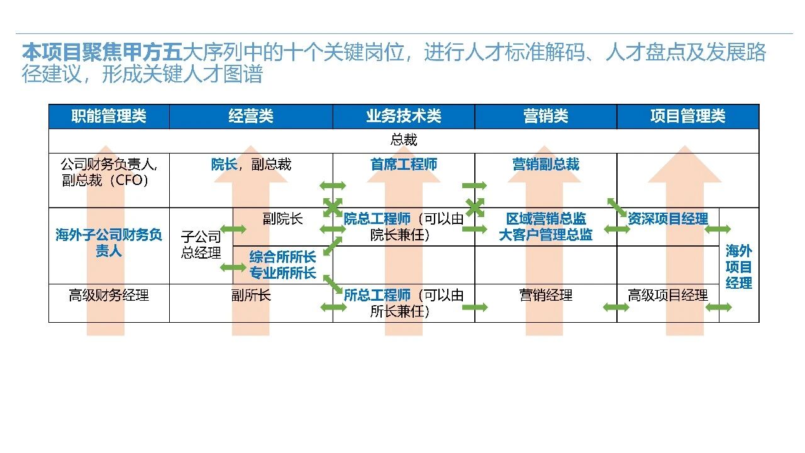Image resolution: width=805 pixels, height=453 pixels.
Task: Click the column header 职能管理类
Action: [109, 116]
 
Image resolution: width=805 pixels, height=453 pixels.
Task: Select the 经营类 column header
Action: [251, 116]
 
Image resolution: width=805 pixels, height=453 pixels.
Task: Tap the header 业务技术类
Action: [404, 116]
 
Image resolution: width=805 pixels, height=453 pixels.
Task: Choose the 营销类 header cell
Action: [545, 116]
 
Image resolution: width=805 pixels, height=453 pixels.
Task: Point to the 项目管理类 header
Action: [687, 116]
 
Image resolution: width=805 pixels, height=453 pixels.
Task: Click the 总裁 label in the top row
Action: [404, 140]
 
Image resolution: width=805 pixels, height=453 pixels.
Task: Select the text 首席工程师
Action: [404, 164]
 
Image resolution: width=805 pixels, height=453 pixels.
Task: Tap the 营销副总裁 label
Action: [545, 164]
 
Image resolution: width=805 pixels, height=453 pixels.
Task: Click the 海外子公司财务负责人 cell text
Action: [109, 243]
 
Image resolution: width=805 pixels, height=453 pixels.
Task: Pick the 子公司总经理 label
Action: [201, 245]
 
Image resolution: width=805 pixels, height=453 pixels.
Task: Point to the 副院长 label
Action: [282, 218]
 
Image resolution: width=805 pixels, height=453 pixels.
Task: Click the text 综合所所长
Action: [282, 257]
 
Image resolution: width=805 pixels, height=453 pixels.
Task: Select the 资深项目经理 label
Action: [668, 218]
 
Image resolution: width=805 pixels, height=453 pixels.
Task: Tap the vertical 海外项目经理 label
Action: [738, 267]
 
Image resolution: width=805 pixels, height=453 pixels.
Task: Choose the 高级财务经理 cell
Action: [109, 295]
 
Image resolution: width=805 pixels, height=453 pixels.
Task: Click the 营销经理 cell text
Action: [545, 295]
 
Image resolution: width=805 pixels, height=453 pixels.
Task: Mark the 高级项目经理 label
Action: [668, 295]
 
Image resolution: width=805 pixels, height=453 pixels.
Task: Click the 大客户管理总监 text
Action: [545, 235]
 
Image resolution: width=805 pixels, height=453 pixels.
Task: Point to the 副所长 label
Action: [251, 295]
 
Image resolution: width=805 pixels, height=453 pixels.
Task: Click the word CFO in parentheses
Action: [130, 180]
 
